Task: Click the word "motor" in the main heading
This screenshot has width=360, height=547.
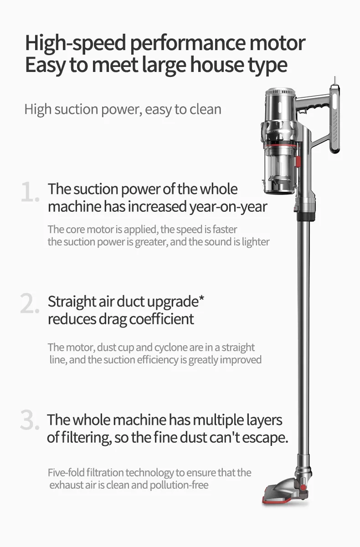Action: pyautogui.click(x=276, y=43)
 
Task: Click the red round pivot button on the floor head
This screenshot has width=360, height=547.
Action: pyautogui.click(x=302, y=487)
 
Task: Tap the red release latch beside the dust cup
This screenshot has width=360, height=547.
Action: pyautogui.click(x=298, y=161)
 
